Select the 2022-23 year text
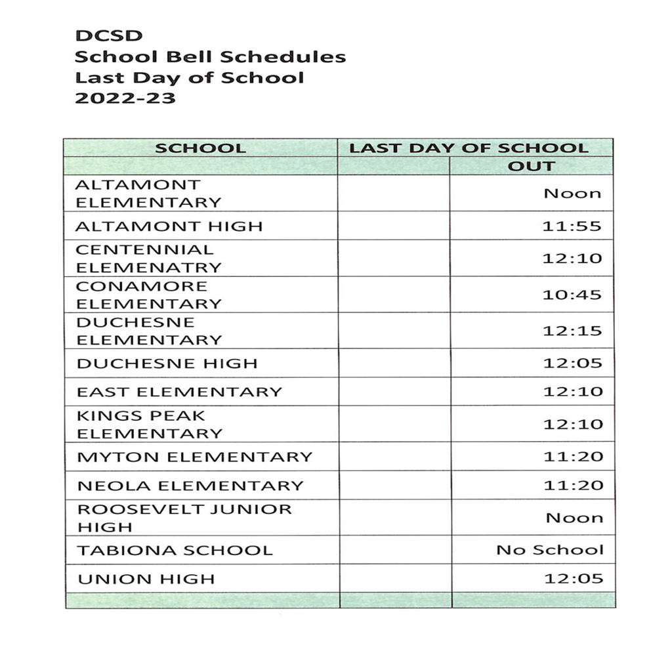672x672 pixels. pos(125,99)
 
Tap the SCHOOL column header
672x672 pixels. pos(200,148)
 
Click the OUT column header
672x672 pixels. pos(531,166)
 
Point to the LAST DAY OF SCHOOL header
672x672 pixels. pos(469,148)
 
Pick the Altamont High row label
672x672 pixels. pos(169,226)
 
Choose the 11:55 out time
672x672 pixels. pos(572,226)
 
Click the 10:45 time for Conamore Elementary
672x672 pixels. pos(572,295)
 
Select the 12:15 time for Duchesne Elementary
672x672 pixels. pos(572,331)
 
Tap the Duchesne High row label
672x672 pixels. pos(167,364)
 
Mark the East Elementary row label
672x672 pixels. pos(179,392)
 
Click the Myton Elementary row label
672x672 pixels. pos(195,457)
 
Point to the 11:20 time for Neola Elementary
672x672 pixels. pos(572,486)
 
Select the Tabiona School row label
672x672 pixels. pos(175,550)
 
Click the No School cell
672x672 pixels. pos(549,550)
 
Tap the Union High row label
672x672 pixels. pos(146,579)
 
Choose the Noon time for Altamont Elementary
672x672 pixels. pos(572,194)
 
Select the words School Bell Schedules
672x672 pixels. pos(210,57)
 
